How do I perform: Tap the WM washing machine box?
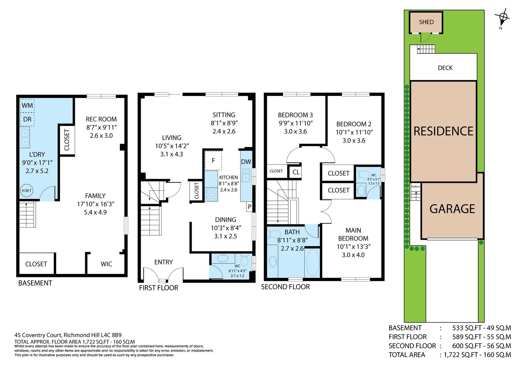tap(27, 106)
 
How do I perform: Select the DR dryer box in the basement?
tap(27, 119)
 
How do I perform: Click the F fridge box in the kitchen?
tap(213, 161)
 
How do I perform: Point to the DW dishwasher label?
tap(246, 162)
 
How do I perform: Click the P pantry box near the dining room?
tap(249, 207)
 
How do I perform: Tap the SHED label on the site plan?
tap(426, 22)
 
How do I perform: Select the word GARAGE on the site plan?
tap(452, 209)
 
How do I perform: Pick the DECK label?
tap(445, 68)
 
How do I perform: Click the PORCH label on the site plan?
tap(415, 187)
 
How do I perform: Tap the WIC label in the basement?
tap(107, 264)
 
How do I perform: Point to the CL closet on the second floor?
tap(296, 172)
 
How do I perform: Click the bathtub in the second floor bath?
tap(312, 263)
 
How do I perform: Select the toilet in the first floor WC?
tap(244, 260)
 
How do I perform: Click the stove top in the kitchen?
tap(211, 194)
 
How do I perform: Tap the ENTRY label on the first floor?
tap(163, 262)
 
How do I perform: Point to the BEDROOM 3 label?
tap(295, 115)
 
